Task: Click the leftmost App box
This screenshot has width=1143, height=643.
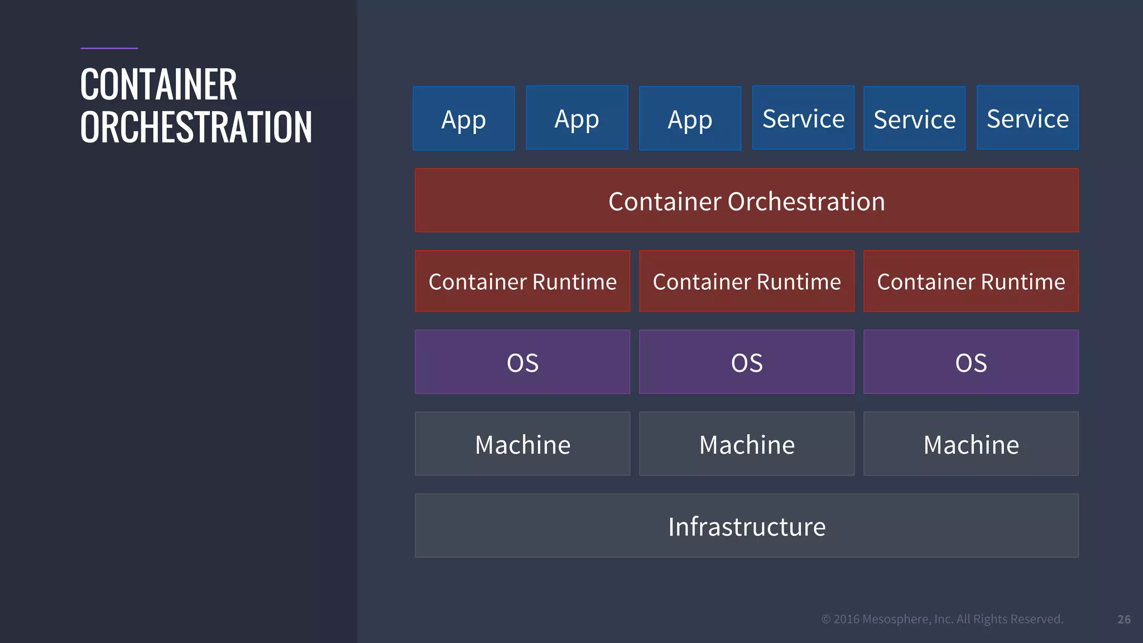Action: click(464, 118)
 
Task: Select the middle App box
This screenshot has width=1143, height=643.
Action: click(577, 118)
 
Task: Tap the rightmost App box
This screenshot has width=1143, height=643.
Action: click(690, 118)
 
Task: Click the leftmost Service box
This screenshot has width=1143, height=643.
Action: click(803, 118)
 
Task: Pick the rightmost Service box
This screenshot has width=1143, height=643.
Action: click(1027, 118)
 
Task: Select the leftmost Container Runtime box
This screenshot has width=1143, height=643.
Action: click(522, 281)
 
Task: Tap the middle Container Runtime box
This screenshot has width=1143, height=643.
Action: click(747, 281)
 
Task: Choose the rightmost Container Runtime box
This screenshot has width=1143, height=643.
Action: click(971, 281)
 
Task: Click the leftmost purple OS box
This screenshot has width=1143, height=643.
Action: click(522, 362)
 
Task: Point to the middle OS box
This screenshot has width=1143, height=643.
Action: click(747, 362)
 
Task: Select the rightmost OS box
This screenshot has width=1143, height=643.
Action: click(971, 362)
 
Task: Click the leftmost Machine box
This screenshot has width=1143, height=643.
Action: click(522, 444)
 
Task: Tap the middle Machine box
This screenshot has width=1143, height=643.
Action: click(747, 444)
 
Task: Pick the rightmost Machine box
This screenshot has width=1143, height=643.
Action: click(971, 444)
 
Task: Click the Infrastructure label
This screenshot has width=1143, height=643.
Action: click(747, 526)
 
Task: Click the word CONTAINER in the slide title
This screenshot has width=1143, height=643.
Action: click(159, 85)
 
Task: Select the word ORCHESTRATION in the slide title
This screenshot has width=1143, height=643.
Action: click(196, 127)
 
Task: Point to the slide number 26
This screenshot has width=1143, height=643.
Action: click(1124, 620)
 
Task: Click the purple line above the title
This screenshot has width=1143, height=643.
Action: click(109, 48)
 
